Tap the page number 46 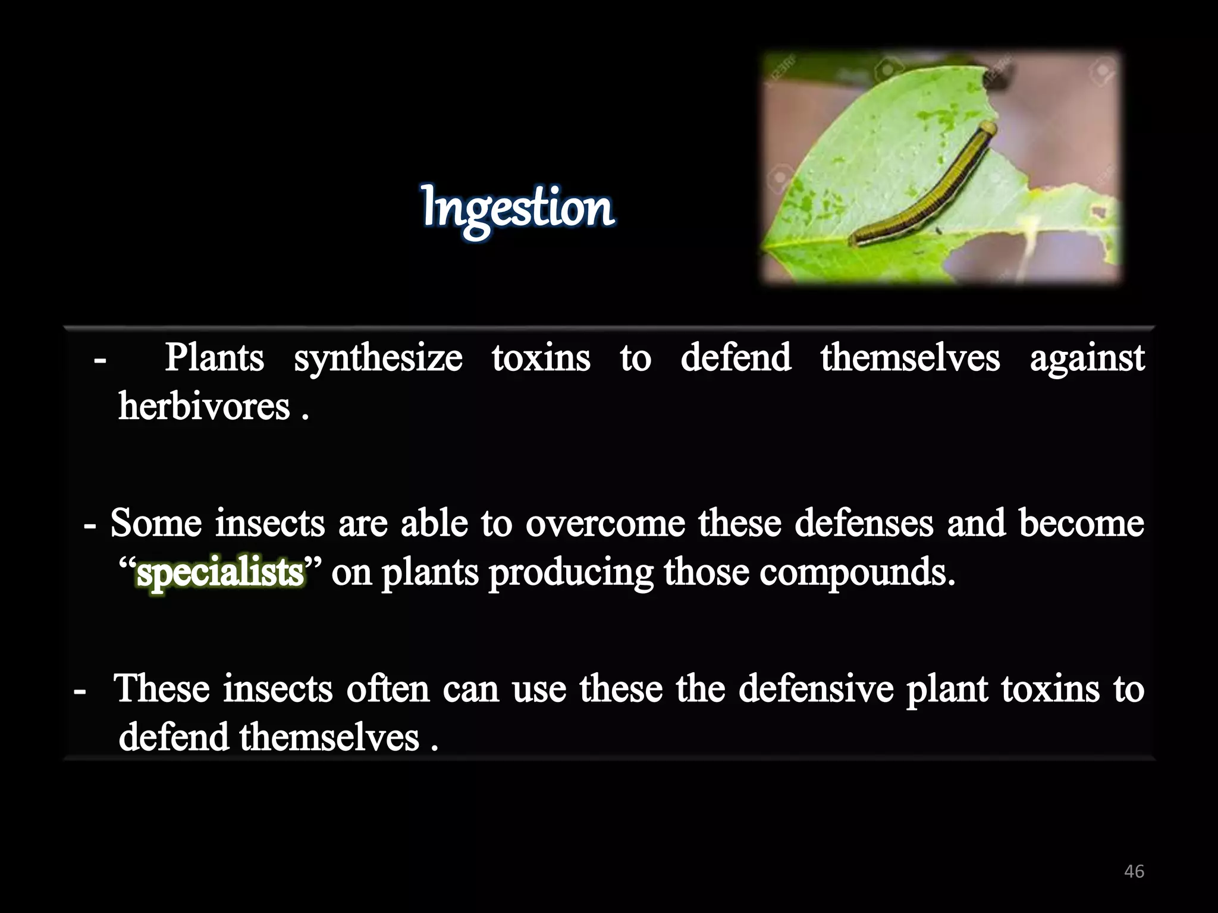(x=1134, y=871)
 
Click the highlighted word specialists (x=220, y=572)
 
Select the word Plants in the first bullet (x=214, y=358)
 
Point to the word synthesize (x=378, y=359)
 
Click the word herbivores (x=204, y=407)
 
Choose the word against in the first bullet (x=1087, y=359)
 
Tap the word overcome (x=605, y=524)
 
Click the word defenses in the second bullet (x=864, y=524)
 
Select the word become (x=1081, y=524)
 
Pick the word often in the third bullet (x=388, y=689)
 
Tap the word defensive (x=815, y=689)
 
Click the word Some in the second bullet (x=156, y=524)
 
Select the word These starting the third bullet (x=162, y=689)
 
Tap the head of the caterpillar (x=987, y=128)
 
